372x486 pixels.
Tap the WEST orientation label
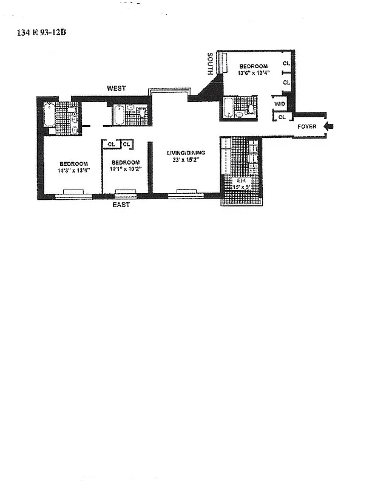pos(116,89)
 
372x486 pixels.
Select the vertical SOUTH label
pos(209,63)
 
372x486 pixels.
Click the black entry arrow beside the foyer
pos(330,126)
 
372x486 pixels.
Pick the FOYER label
pos(306,126)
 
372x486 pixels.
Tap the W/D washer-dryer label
pos(279,104)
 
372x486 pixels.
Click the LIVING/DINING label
pos(184,153)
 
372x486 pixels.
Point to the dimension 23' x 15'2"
pos(184,160)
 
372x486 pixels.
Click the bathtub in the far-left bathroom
pos(49,114)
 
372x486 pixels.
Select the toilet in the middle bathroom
pos(140,114)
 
